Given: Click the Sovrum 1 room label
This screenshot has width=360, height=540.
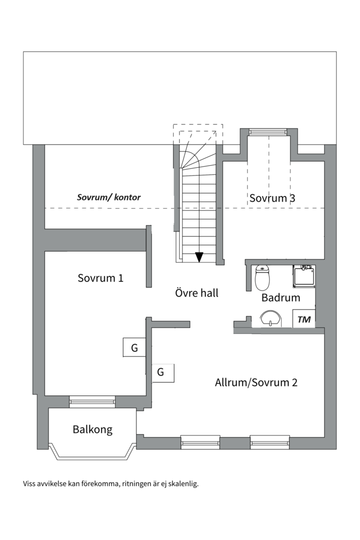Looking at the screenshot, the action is pos(100,278).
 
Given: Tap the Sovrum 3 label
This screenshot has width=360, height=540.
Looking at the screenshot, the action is pos(272,198).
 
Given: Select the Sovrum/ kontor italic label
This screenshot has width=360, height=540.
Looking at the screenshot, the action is pos(108,197).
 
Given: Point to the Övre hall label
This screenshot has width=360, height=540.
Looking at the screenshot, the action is pos(196,292).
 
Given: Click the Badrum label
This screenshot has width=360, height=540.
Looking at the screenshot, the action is pos(281,297).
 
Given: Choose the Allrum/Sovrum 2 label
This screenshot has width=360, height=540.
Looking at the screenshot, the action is pos(256,382).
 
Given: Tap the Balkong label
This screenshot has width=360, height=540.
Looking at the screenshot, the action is pos(92,430).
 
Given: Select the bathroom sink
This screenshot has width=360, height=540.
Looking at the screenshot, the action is pos(270,318).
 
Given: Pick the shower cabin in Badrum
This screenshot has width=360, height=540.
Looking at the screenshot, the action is pos(304,276).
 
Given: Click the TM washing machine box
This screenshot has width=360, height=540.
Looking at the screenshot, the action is pos(304,319).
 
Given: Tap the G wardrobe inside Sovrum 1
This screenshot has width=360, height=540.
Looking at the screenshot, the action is pos(134,348).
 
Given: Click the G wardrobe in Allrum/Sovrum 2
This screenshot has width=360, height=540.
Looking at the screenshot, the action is pos(163,373).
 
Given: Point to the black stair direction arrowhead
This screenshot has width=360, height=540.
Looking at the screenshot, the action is pos(199,257).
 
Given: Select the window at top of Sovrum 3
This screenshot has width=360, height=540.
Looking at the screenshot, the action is pos(268,131).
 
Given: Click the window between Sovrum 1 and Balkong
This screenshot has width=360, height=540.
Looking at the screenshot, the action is pos(92,401).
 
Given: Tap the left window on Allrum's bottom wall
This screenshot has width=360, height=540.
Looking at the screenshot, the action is pos(200,442).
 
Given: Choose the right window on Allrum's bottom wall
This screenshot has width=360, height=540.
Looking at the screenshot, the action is pos(269,442).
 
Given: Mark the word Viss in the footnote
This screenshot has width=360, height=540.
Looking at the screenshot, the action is pos(29,484).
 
